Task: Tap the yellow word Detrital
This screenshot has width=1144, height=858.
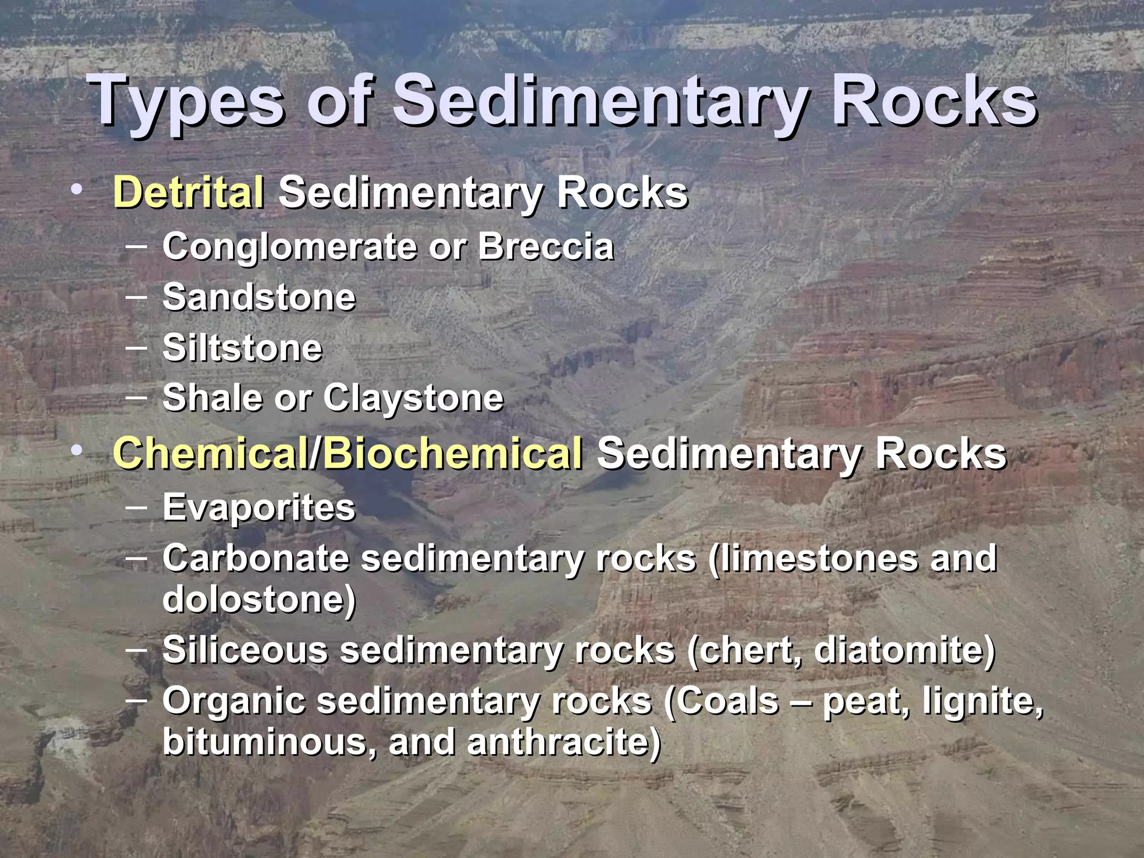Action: tap(189, 192)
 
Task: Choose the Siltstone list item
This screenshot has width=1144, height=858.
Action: tap(242, 347)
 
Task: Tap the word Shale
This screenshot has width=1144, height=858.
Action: tap(212, 398)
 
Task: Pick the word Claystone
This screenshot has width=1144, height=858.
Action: tap(413, 398)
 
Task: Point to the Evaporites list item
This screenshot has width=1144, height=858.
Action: tap(259, 507)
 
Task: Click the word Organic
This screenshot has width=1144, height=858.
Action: tap(234, 700)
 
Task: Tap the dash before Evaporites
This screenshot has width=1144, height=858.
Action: tap(137, 507)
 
